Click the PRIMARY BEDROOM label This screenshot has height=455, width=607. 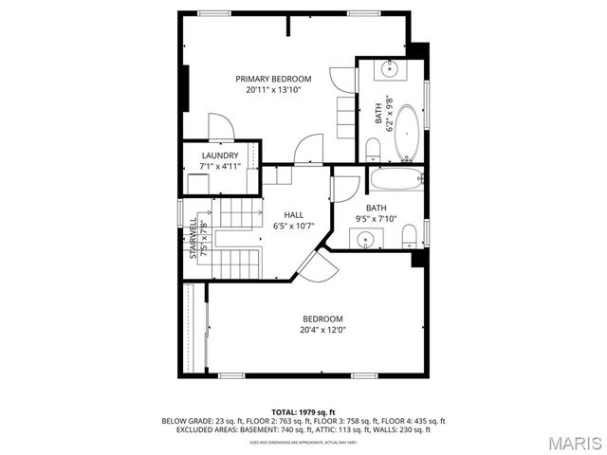(x=273, y=79)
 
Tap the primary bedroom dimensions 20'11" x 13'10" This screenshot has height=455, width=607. (x=273, y=90)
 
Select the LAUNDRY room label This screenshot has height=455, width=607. (x=220, y=155)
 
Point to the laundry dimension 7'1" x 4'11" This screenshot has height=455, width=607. (x=220, y=167)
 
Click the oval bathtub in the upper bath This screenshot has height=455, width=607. (x=406, y=133)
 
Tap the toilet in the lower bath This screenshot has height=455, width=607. (x=408, y=234)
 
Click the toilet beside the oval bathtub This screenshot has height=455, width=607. (x=373, y=148)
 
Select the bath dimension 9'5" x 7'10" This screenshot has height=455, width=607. (x=377, y=220)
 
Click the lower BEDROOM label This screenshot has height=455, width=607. (x=322, y=318)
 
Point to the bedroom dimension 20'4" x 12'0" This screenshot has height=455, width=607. (x=322, y=330)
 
